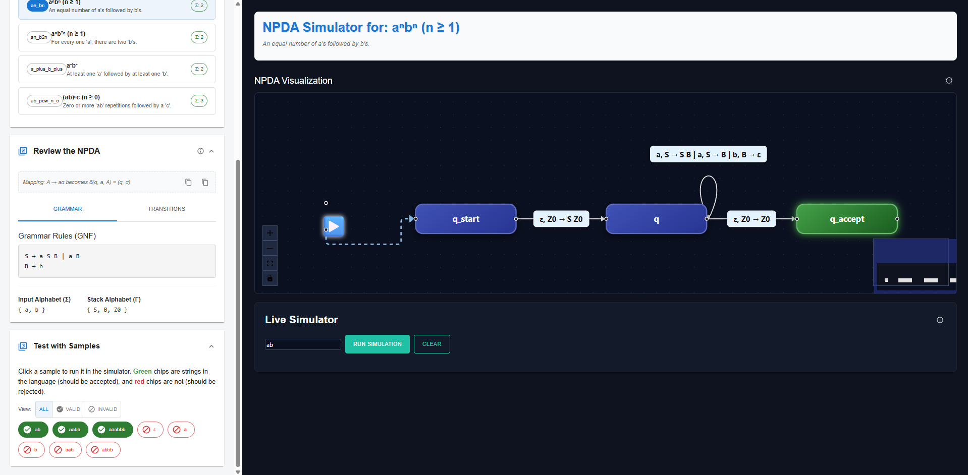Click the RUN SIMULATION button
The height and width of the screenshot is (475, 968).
tap(377, 344)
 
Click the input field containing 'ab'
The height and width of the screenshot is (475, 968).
tap(303, 344)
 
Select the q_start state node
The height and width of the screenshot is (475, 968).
tap(465, 219)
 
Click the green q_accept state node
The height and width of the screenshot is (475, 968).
tap(846, 219)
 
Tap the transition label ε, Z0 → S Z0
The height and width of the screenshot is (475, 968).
tap(561, 219)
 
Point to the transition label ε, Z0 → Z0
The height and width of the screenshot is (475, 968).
tap(751, 219)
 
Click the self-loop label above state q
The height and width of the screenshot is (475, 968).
tap(708, 154)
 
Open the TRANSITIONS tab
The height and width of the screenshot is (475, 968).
tap(166, 209)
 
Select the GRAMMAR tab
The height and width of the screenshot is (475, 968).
tap(68, 209)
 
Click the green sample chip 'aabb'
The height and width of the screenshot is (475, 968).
tap(70, 430)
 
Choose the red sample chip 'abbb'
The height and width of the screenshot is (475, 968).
tap(103, 450)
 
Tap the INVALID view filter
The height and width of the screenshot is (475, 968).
tap(102, 409)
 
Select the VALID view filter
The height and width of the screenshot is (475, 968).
tap(68, 409)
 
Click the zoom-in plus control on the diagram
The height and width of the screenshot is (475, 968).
tap(270, 233)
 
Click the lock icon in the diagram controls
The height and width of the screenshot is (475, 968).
tap(270, 278)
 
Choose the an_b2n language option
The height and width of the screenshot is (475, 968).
tap(117, 37)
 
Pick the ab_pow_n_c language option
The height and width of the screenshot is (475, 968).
tap(117, 101)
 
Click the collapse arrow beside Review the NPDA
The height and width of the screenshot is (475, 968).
tap(211, 151)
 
